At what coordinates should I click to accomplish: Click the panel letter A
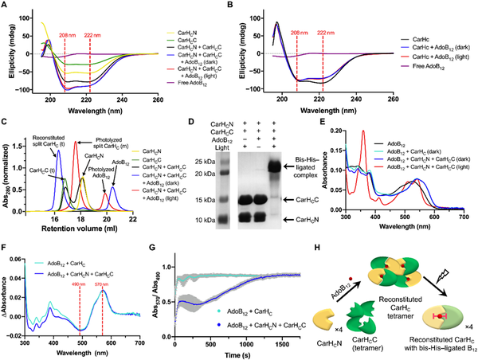coord(5,6)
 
